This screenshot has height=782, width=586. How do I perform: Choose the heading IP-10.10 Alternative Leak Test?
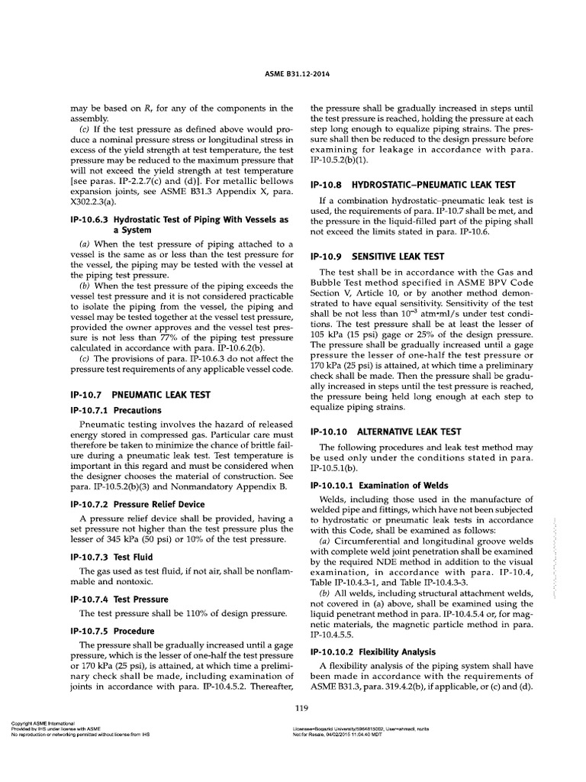385,431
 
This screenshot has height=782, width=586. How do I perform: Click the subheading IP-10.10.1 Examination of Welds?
379,485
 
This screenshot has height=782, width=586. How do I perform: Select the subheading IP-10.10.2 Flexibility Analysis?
372,651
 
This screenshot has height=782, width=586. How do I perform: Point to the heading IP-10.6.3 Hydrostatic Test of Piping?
168,224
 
